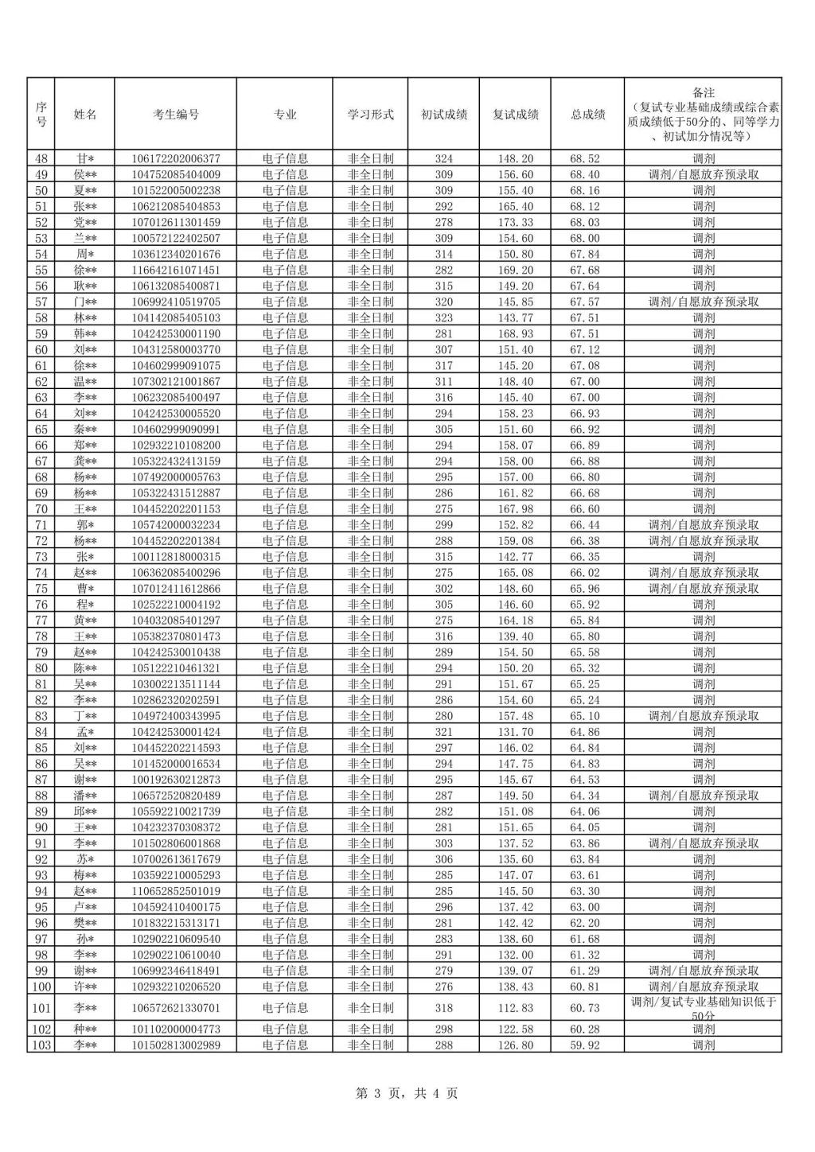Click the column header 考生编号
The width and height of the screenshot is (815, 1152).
coord(176,114)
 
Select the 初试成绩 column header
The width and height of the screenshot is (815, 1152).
coord(443,114)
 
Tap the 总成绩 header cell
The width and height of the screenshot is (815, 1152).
coord(587,114)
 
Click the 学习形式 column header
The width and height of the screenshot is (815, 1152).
coord(370,114)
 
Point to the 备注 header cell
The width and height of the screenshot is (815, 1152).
coord(704,114)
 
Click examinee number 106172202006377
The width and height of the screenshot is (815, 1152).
coord(176,158)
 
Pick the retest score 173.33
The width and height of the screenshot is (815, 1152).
coord(514,222)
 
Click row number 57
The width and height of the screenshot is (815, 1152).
coord(41,302)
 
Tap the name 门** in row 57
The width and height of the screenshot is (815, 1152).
coord(85,302)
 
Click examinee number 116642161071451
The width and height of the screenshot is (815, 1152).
coord(176,270)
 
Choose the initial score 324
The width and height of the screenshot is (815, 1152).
coord(443,158)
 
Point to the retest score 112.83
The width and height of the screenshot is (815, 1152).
coord(514,1008)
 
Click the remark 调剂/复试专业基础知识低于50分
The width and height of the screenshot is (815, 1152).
coord(704,1008)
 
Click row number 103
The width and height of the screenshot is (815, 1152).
coord(41,1045)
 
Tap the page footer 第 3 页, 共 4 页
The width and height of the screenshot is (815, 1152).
coord(407,1093)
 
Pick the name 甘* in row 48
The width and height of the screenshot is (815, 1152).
coord(85,158)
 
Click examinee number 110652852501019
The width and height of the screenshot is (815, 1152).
coord(176,891)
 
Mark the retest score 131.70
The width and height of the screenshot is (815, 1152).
coord(514,732)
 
